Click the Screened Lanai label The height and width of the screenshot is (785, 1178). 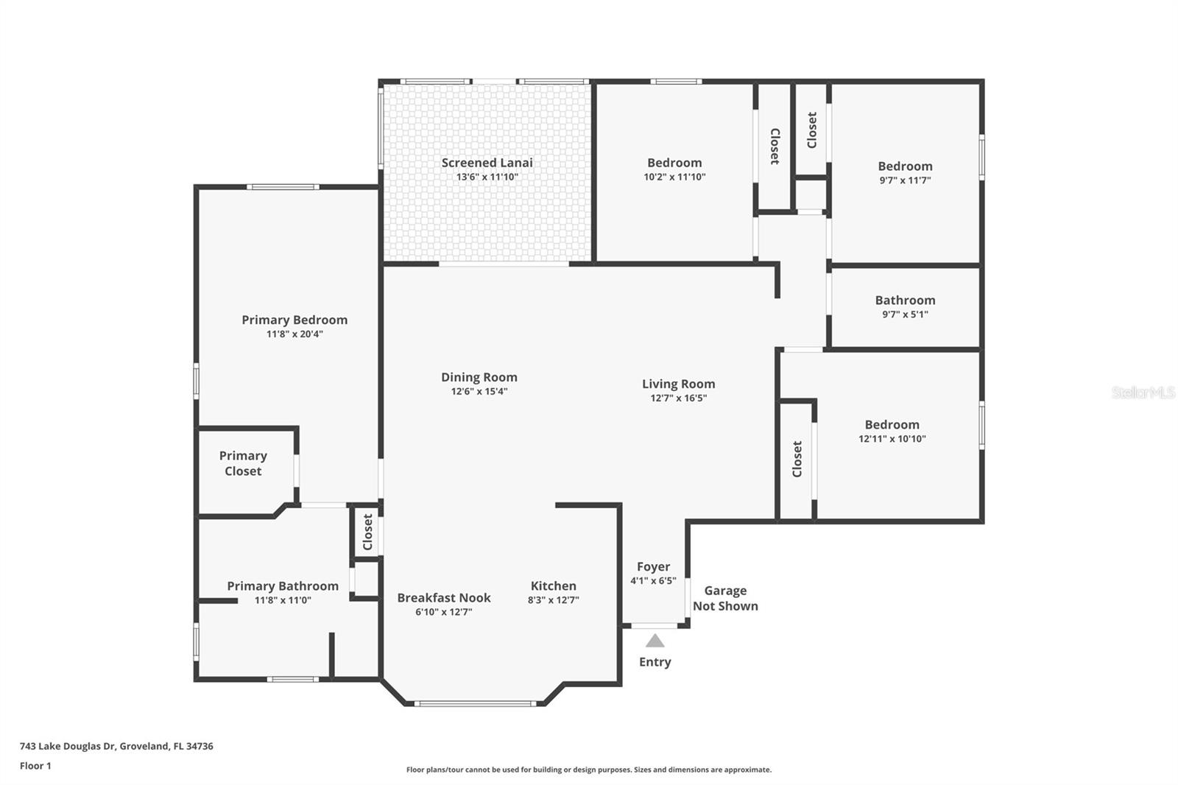(x=487, y=163)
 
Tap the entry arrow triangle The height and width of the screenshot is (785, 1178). (x=655, y=641)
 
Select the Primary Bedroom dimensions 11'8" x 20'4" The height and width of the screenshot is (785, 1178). (x=294, y=334)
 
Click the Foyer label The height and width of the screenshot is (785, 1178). (x=653, y=566)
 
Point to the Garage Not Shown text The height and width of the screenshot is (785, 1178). (x=725, y=598)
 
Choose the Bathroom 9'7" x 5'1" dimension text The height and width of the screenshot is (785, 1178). (x=905, y=314)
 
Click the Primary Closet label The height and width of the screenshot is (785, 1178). (x=243, y=463)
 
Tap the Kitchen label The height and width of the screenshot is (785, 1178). (x=553, y=585)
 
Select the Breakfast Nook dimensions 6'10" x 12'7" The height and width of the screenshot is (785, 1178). (x=443, y=612)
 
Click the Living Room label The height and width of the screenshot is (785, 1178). (x=678, y=384)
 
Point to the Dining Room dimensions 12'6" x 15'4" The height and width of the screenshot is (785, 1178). (x=479, y=392)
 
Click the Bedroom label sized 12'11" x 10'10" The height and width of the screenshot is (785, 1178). (x=892, y=424)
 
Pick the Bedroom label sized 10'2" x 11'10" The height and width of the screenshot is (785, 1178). (x=674, y=163)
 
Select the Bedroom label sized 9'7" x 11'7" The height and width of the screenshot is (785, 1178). (x=905, y=166)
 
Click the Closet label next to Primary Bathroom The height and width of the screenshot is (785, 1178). (x=367, y=532)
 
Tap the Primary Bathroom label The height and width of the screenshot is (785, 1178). (x=283, y=585)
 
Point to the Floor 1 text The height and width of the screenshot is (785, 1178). (x=35, y=766)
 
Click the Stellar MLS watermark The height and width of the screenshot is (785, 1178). (x=1143, y=392)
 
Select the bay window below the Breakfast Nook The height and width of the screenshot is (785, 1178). (x=475, y=704)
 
